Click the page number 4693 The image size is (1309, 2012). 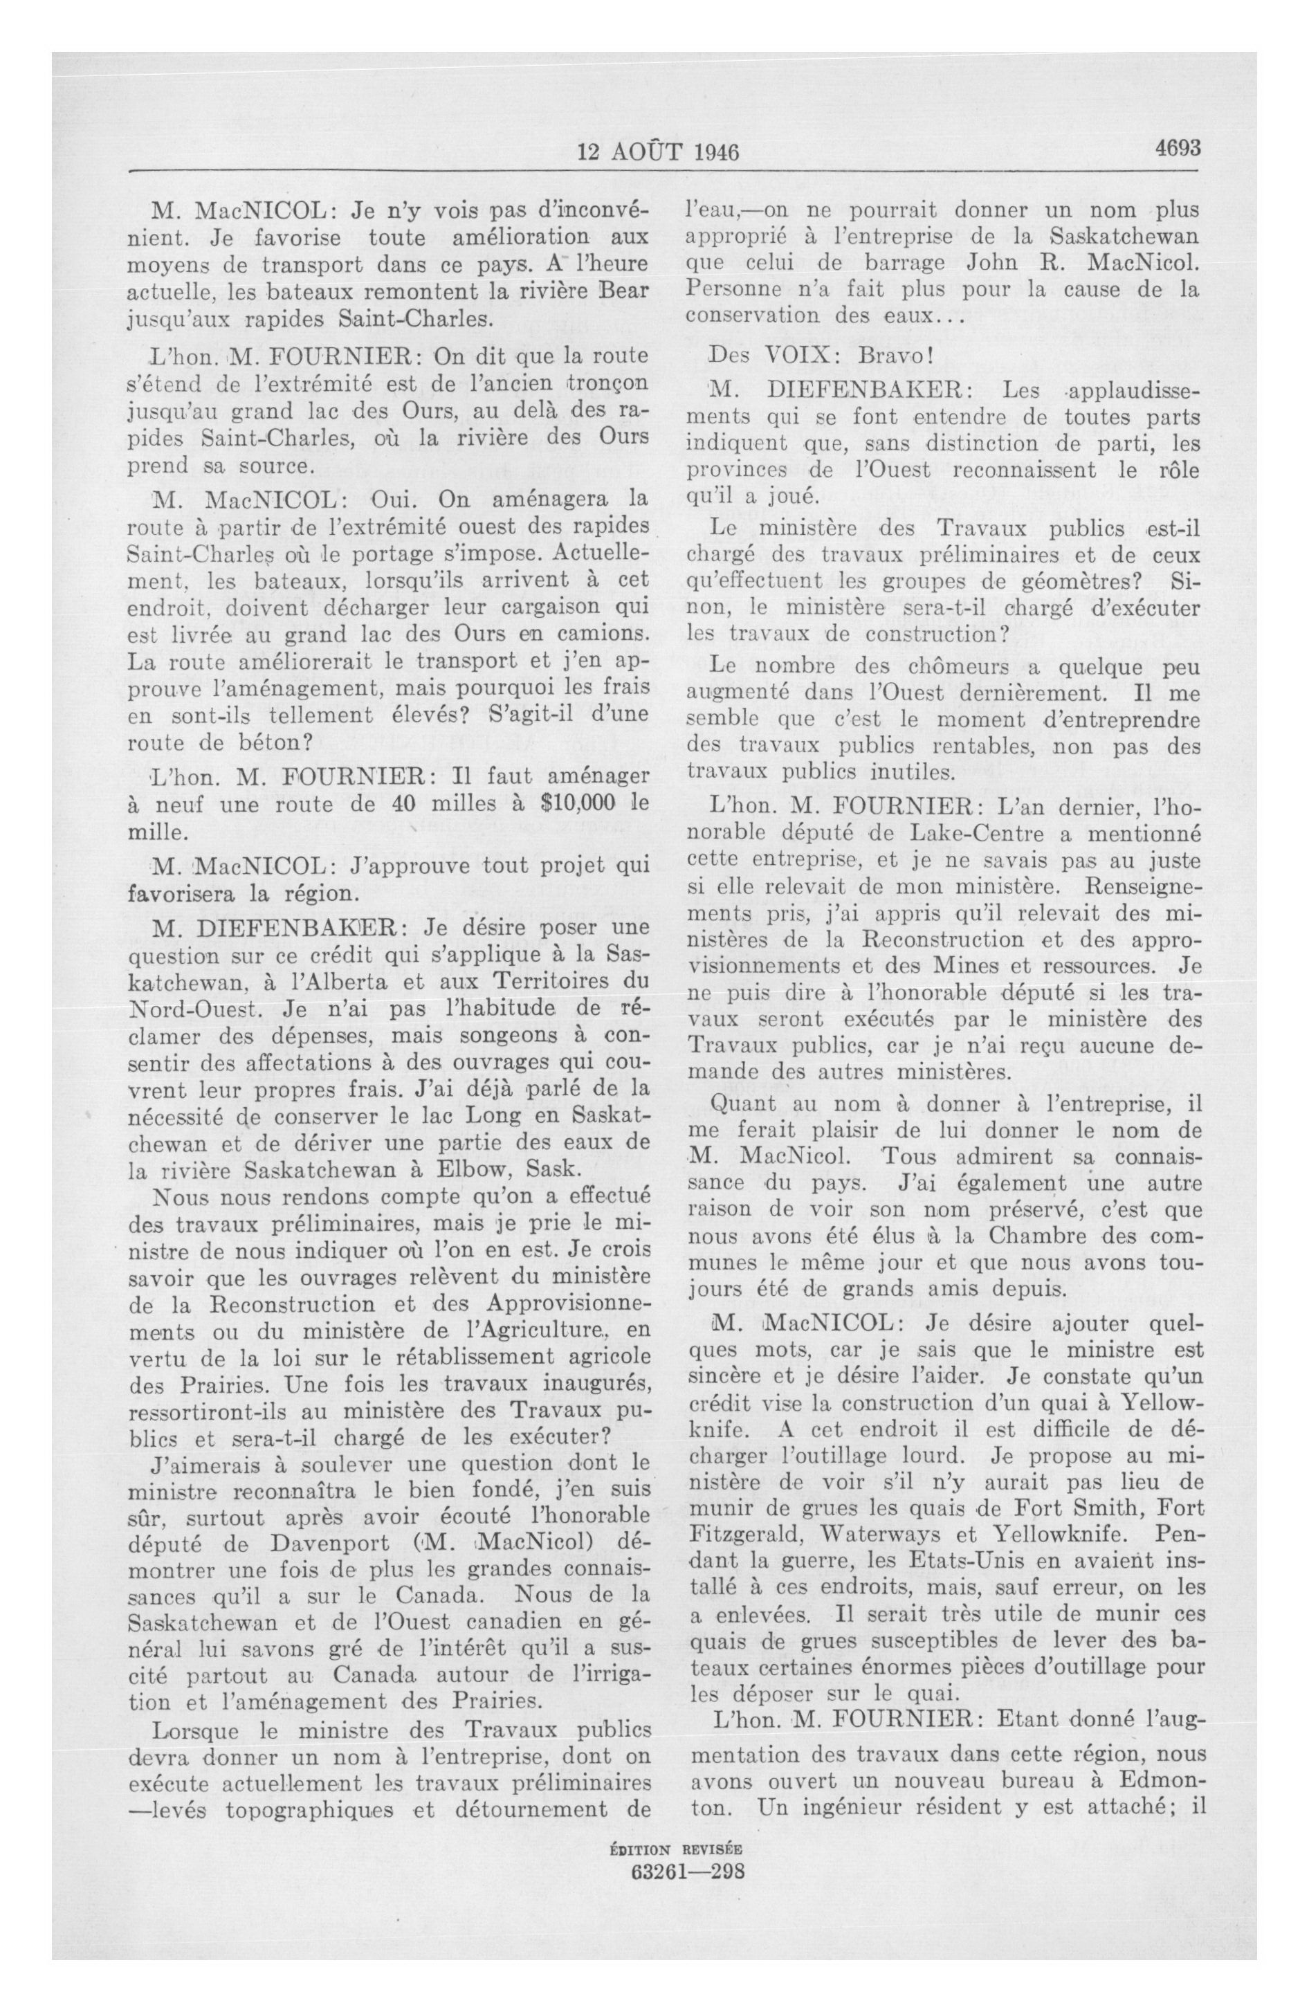click(x=1177, y=147)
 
